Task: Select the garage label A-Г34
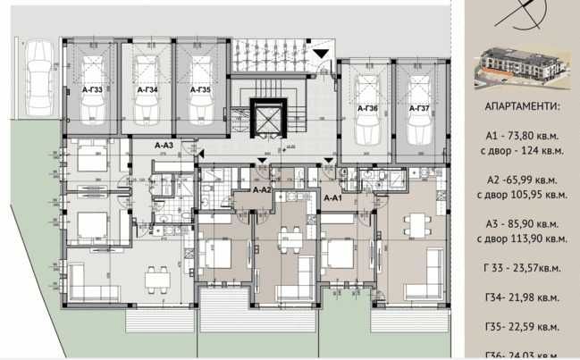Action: [x=147, y=90]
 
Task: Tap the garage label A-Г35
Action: [x=199, y=90]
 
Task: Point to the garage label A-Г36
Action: [x=367, y=108]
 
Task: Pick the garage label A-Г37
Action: [x=419, y=108]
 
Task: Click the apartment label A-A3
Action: [x=164, y=145]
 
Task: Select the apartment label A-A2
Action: [x=262, y=189]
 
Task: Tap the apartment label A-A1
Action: [x=333, y=197]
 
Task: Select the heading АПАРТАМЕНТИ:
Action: [x=522, y=106]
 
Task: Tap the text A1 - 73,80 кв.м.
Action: [x=521, y=136]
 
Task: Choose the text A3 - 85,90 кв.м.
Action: [x=522, y=223]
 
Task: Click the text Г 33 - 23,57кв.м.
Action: [x=522, y=267]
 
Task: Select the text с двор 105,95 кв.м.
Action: [x=522, y=194]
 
